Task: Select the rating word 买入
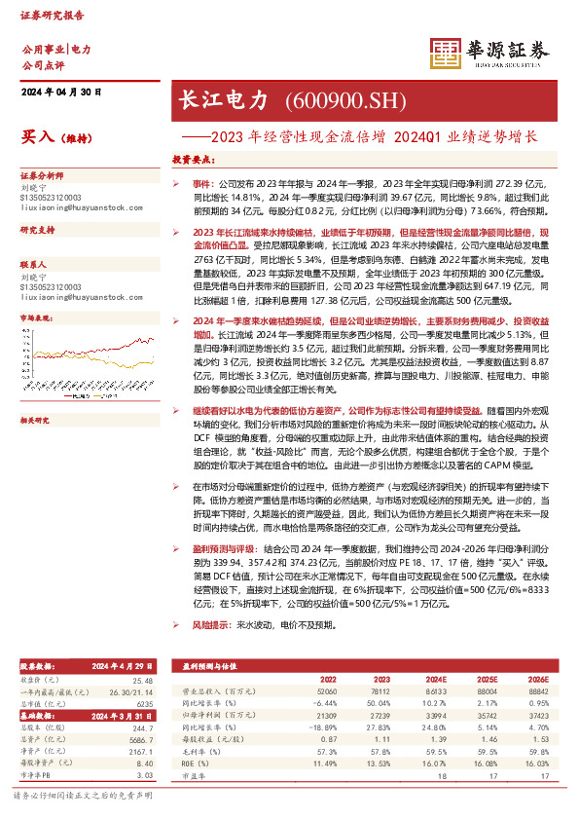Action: click(x=35, y=136)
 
